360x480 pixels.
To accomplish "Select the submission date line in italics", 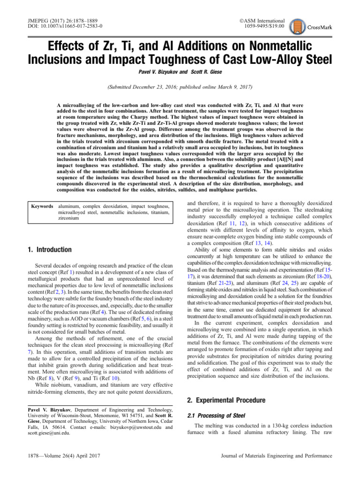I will (x=180, y=87).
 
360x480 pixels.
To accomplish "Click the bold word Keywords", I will (x=42, y=206).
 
